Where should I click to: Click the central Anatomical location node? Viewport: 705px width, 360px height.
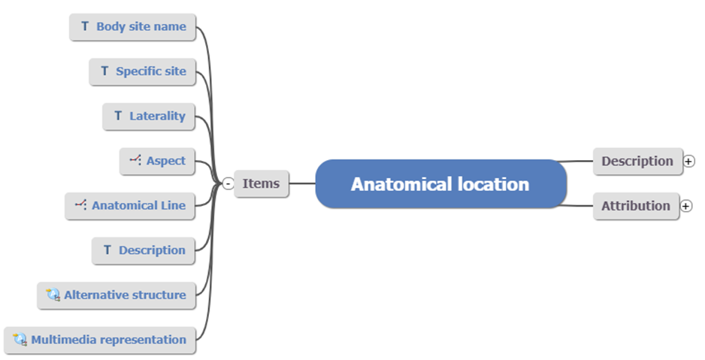[x=440, y=183]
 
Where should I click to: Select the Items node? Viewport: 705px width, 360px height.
[x=261, y=183]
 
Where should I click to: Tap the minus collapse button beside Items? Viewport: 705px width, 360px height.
[x=228, y=183]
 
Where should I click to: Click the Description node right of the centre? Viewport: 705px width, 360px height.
[x=637, y=161]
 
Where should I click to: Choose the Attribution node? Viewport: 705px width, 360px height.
[x=635, y=205]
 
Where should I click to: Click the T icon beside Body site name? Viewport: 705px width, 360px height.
[x=85, y=27]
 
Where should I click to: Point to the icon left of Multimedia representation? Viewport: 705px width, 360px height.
[x=20, y=339]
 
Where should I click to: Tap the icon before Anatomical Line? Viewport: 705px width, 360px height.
[x=80, y=204]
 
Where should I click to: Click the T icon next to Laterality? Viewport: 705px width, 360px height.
[x=118, y=116]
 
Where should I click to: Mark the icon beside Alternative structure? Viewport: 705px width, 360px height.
[x=53, y=295]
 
